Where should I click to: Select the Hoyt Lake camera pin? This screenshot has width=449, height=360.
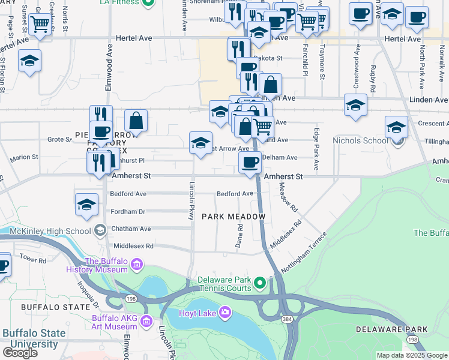(225, 311)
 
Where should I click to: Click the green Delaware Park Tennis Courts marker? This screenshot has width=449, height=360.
(259, 282)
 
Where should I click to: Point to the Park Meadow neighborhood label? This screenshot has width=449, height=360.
(234, 216)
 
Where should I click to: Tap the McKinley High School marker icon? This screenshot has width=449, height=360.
(100, 230)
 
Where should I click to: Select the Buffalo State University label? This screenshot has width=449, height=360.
(30, 339)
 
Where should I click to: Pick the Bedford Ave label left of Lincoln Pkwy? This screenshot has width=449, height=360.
(128, 194)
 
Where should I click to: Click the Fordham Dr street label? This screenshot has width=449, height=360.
(128, 211)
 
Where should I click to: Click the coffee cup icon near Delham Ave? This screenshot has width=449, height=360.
(250, 161)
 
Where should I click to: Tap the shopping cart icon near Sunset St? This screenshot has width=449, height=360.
(40, 25)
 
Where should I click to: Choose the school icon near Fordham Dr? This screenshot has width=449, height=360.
(87, 204)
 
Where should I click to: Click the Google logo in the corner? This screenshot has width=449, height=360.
(19, 353)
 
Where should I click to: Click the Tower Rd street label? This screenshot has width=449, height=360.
(33, 260)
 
